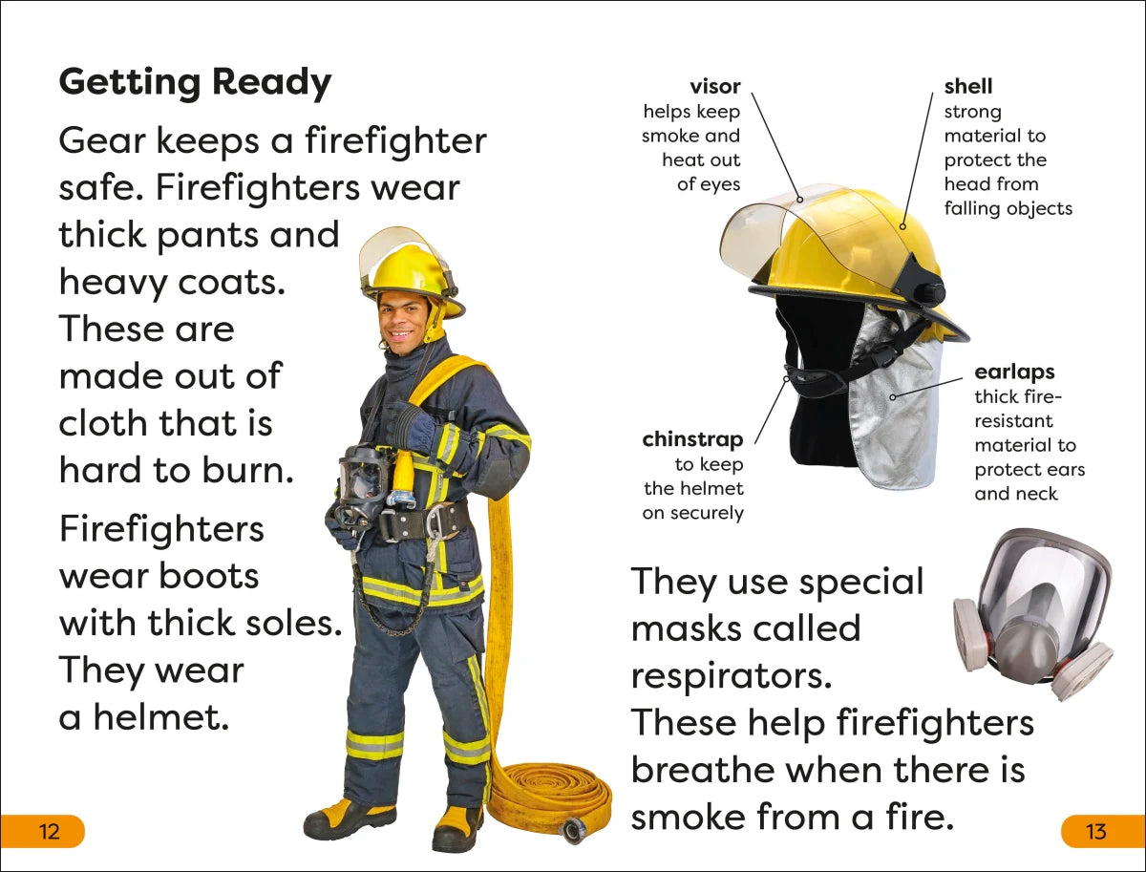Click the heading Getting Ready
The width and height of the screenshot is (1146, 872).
pos(195,83)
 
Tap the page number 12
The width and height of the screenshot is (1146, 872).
pos(49,831)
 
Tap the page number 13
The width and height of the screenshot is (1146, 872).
pos(1096,831)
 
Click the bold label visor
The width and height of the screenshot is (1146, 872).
pos(714,87)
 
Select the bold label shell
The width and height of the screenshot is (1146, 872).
pos(968,87)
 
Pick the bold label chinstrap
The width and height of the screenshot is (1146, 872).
pos(692,439)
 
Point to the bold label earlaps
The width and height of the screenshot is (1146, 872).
pos(1014,372)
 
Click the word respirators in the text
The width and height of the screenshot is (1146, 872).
pos(731,675)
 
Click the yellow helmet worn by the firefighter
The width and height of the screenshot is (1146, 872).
pos(409,272)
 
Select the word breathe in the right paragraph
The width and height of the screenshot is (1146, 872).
pos(716,770)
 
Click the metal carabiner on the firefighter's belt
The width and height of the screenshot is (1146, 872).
pos(435,523)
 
